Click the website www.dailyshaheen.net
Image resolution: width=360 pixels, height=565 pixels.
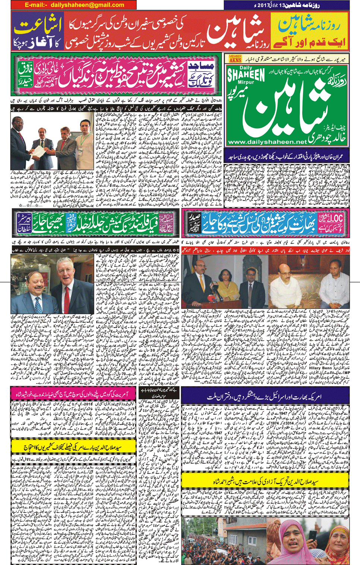267,142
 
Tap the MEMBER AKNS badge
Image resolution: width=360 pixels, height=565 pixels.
235,59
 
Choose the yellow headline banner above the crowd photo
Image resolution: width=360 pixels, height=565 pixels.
265,481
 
